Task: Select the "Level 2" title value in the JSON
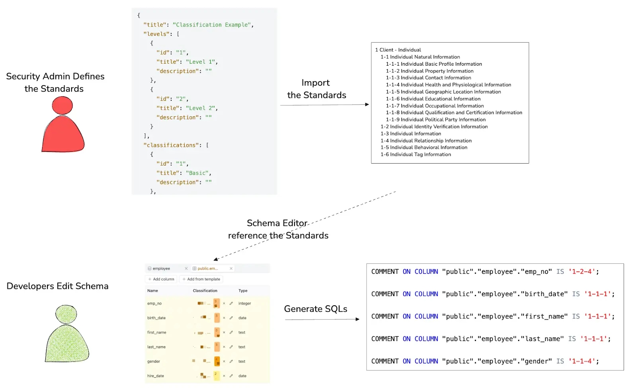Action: click(201, 108)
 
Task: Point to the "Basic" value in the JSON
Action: click(197, 173)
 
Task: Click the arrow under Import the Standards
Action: click(324, 105)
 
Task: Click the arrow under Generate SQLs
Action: click(322, 319)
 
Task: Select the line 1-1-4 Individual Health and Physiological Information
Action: click(448, 85)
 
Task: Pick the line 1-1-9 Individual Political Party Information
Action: click(436, 119)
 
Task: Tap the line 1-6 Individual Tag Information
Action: click(416, 154)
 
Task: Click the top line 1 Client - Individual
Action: click(398, 50)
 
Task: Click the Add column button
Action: click(161, 279)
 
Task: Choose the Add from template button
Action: click(201, 279)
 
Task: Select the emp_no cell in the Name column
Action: click(154, 303)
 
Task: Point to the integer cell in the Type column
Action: click(244, 303)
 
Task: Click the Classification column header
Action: click(205, 291)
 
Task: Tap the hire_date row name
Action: click(156, 376)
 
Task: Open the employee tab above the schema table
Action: click(161, 269)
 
